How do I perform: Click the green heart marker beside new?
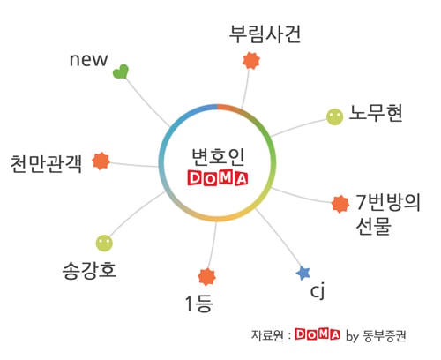click(121, 71)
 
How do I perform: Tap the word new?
click(88, 60)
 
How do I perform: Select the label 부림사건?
click(265, 34)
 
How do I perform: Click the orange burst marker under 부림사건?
click(251, 61)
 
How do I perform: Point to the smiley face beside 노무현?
click(335, 116)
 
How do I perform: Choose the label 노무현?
click(376, 113)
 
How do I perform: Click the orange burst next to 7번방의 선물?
click(340, 204)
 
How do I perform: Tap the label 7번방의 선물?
click(388, 214)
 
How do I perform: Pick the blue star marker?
click(303, 274)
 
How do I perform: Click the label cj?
click(318, 291)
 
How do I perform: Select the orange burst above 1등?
click(206, 277)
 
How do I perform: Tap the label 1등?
click(198, 304)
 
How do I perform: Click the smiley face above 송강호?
click(104, 244)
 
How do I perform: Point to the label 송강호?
click(89, 270)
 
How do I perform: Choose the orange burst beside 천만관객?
click(101, 161)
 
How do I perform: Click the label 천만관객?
click(46, 163)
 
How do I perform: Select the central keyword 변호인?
click(218, 157)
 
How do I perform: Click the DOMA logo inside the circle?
click(218, 177)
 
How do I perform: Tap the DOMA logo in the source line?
click(318, 334)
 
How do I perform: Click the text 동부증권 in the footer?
click(385, 335)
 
